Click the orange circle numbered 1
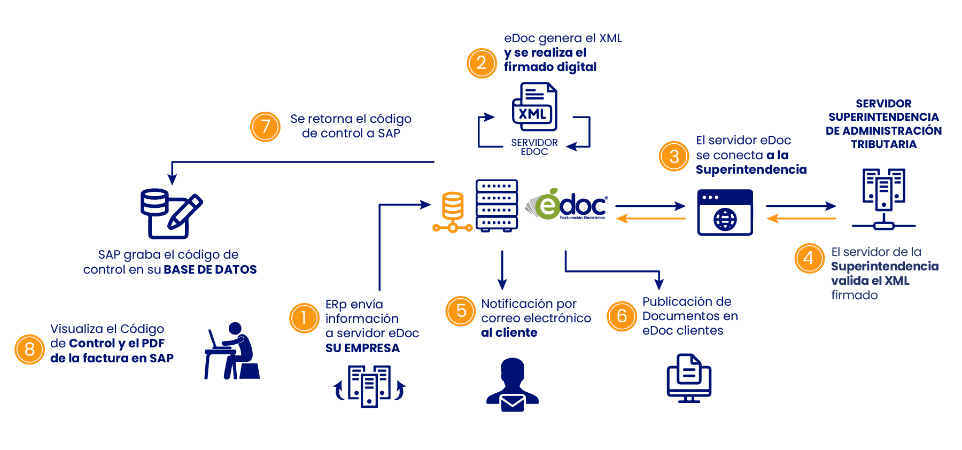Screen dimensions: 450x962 coord(304,318)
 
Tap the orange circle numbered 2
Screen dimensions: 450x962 coord(482,63)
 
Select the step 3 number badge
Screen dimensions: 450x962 coord(674,156)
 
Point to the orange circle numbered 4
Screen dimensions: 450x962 coord(809,258)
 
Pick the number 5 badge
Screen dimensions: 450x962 coord(461,311)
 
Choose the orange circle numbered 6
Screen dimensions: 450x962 coord(622,316)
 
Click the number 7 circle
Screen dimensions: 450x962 coord(265,127)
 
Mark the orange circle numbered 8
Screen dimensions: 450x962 coord(29,350)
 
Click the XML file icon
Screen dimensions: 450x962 coord(534,107)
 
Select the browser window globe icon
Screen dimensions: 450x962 coord(725,212)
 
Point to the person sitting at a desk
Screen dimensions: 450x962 coord(232,351)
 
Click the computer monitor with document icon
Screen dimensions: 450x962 coord(689,378)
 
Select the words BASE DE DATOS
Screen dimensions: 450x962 coord(210,269)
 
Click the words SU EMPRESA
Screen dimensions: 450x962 coord(362,348)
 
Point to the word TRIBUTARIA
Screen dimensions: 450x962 coord(883,144)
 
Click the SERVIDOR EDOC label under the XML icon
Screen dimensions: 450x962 coord(534,147)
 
